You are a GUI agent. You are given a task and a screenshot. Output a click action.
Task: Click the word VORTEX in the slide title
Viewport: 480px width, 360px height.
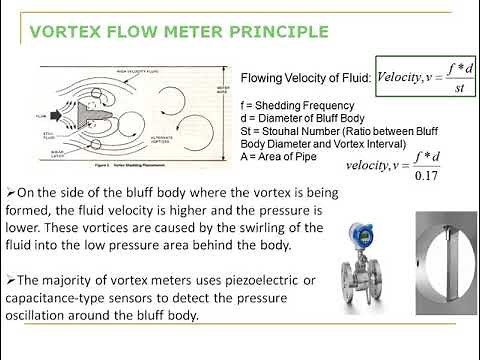[66, 31]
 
